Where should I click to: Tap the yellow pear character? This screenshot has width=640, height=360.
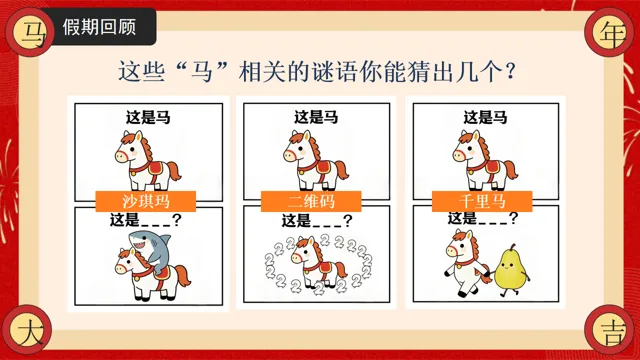[511, 270]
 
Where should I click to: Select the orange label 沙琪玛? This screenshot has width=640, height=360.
[146, 201]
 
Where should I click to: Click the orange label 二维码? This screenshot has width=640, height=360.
[311, 201]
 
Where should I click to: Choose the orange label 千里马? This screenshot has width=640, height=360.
[482, 201]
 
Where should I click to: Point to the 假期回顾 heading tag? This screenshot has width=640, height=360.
[99, 27]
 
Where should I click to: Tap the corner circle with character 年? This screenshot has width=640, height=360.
[610, 33]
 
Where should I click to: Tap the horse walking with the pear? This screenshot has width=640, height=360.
[468, 262]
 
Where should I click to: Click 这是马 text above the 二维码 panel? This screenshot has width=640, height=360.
[316, 118]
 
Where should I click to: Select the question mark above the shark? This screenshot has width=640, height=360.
[176, 220]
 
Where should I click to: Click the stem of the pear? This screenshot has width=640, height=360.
[512, 247]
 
